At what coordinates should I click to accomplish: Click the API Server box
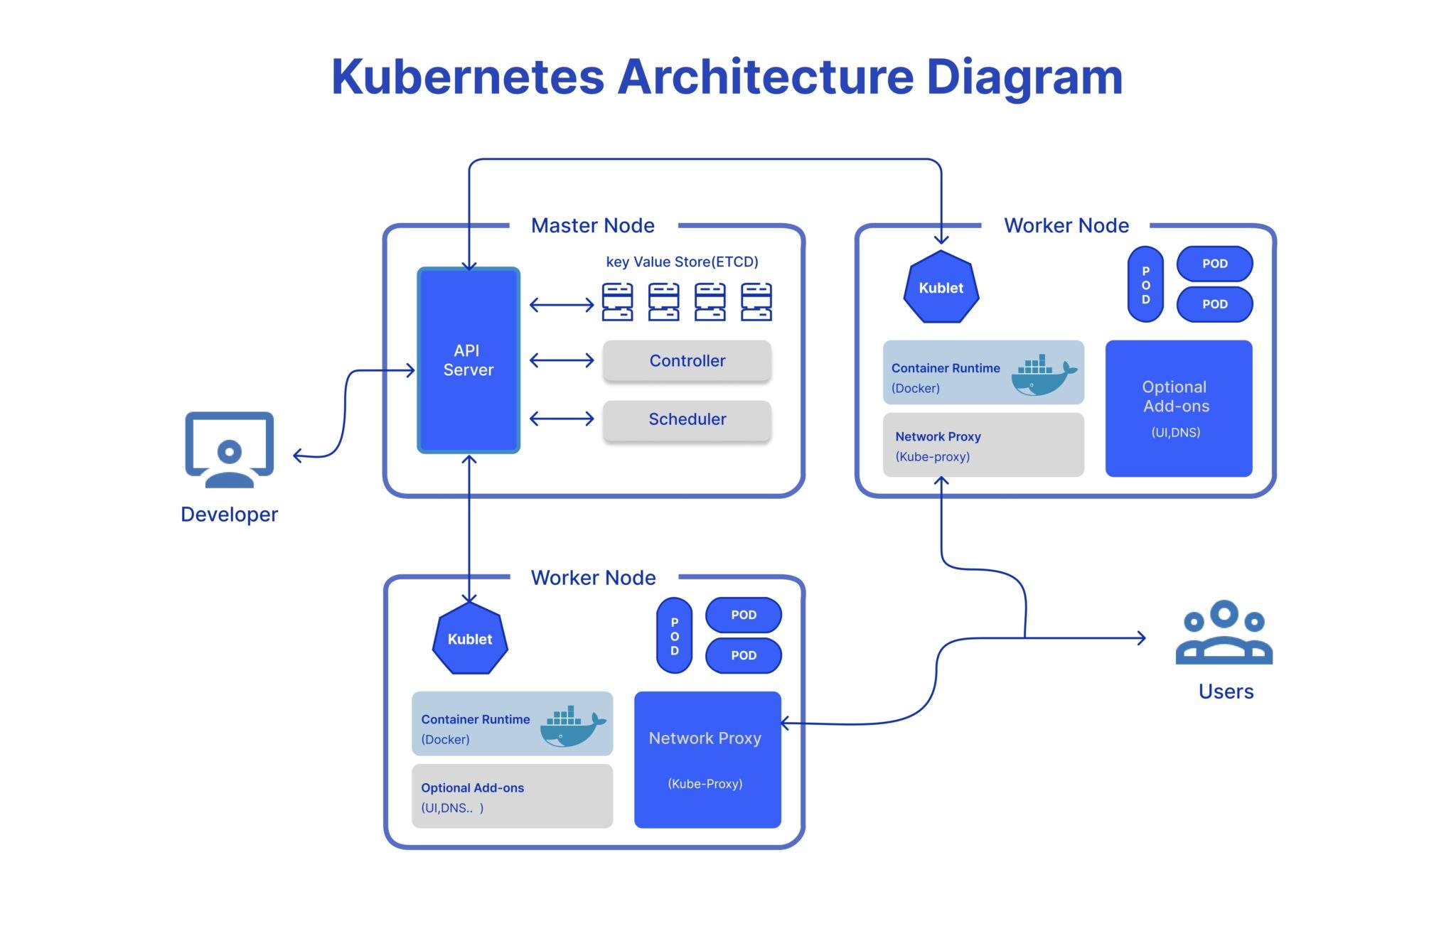click(x=468, y=360)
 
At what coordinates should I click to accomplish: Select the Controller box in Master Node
click(x=687, y=361)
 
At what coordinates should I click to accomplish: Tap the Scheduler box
click(x=687, y=419)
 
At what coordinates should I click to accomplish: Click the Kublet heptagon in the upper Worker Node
click(x=941, y=288)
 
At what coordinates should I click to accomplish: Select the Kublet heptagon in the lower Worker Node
click(x=470, y=639)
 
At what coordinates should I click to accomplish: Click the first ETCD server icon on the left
click(x=617, y=302)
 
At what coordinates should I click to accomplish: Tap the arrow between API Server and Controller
click(x=562, y=361)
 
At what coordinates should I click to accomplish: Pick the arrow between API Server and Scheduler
click(x=562, y=419)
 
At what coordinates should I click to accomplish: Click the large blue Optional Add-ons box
click(x=1178, y=408)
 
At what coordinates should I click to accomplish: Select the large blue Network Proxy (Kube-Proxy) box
click(x=707, y=759)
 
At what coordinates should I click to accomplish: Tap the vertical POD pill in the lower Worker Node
click(x=674, y=635)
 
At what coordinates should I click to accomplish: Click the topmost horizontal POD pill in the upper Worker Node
click(x=1214, y=264)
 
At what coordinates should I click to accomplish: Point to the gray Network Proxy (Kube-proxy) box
click(x=983, y=446)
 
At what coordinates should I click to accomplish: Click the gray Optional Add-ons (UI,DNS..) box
click(x=511, y=797)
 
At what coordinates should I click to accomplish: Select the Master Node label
click(x=592, y=226)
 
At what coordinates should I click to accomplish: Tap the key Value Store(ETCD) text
click(x=682, y=262)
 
